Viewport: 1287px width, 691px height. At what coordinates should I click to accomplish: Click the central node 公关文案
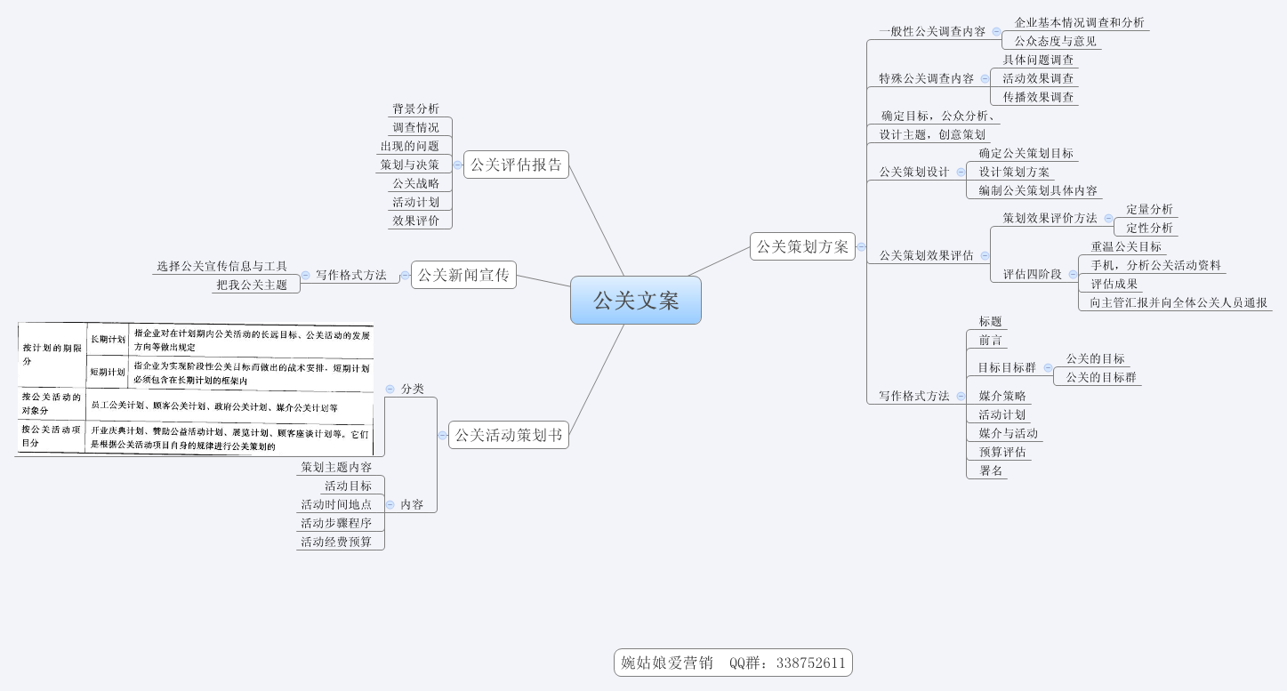pyautogui.click(x=636, y=301)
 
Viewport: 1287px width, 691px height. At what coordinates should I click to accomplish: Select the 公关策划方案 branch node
pyautogui.click(x=802, y=246)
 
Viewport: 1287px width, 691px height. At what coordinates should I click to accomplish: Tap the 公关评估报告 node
pyautogui.click(x=516, y=165)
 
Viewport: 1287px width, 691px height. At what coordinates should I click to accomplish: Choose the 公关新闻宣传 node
pyautogui.click(x=463, y=275)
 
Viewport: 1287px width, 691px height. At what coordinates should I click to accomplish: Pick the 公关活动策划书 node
pyautogui.click(x=508, y=435)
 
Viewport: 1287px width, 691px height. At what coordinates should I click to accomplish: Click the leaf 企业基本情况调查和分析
pyautogui.click(x=1079, y=22)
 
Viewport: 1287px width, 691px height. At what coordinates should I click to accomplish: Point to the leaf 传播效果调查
pyautogui.click(x=1038, y=97)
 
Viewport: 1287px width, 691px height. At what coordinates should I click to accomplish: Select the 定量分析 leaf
pyautogui.click(x=1149, y=209)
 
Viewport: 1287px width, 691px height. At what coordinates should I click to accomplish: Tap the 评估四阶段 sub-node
pyautogui.click(x=1032, y=274)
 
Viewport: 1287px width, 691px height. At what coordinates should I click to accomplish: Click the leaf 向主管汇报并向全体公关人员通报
pyautogui.click(x=1178, y=302)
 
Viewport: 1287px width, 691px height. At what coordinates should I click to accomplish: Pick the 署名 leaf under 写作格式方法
pyautogui.click(x=991, y=470)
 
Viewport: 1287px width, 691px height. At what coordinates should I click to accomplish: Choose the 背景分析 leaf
pyautogui.click(x=415, y=108)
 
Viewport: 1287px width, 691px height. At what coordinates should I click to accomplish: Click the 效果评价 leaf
pyautogui.click(x=415, y=221)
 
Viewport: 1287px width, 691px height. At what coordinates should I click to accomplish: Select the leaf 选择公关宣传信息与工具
pyautogui.click(x=221, y=266)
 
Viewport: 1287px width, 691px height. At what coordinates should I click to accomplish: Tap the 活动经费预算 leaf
pyautogui.click(x=336, y=542)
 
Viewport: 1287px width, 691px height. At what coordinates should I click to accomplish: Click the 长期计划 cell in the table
pyautogui.click(x=108, y=339)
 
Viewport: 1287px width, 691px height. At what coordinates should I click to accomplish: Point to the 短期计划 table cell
pyautogui.click(x=108, y=372)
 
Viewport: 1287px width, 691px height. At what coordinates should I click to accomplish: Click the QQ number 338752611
pyautogui.click(x=810, y=663)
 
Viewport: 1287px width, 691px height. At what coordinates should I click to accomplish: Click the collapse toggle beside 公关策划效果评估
pyautogui.click(x=985, y=255)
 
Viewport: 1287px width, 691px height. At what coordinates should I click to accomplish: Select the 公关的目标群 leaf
pyautogui.click(x=1100, y=377)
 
